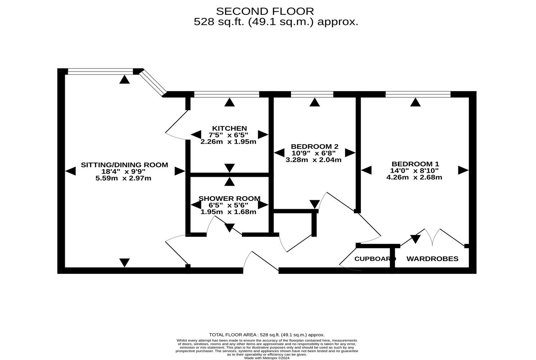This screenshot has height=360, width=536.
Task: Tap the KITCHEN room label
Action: coord(230,129)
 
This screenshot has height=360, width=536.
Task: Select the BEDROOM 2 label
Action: coord(314,147)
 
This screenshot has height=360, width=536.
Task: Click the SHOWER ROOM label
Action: coord(230,199)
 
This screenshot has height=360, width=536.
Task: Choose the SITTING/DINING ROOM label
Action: coord(124,165)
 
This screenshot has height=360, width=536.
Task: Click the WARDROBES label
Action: coord(432,259)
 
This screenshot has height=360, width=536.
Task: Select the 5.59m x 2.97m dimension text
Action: coord(123,178)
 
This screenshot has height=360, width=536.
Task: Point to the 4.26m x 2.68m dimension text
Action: coord(414,177)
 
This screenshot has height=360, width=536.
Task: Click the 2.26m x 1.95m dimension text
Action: coord(228,141)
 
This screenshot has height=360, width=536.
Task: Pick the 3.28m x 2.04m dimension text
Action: coord(313,160)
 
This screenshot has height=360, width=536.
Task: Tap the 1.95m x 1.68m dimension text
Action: coord(228,212)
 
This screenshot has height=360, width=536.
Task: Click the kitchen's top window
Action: coord(227,95)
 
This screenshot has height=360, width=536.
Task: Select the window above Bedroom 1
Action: coord(418,95)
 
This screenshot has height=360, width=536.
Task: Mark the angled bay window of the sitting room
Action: coord(153,83)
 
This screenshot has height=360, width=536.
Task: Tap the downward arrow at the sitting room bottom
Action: coord(124,262)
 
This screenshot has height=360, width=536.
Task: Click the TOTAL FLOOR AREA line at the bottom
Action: coord(267,335)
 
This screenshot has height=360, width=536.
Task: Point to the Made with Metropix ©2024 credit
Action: coord(267,358)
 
